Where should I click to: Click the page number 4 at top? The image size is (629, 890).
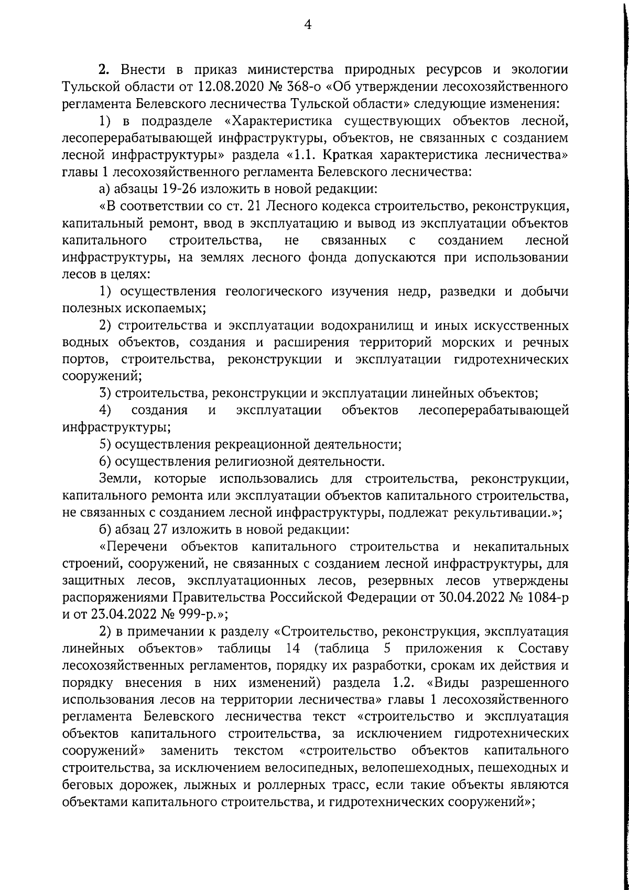pos(308,25)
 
